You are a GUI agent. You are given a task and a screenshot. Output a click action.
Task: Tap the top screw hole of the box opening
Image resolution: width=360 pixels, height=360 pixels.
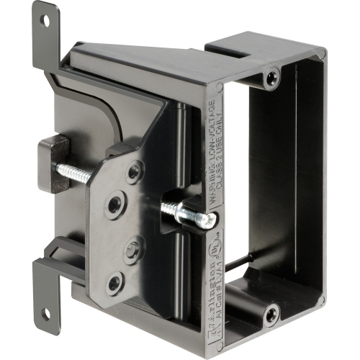(x=271, y=76)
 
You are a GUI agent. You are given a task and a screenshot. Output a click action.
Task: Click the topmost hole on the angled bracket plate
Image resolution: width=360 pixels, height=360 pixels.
(x=134, y=172)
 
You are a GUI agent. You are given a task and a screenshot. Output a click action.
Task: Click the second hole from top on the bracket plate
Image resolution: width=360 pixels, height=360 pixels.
(x=114, y=205)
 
